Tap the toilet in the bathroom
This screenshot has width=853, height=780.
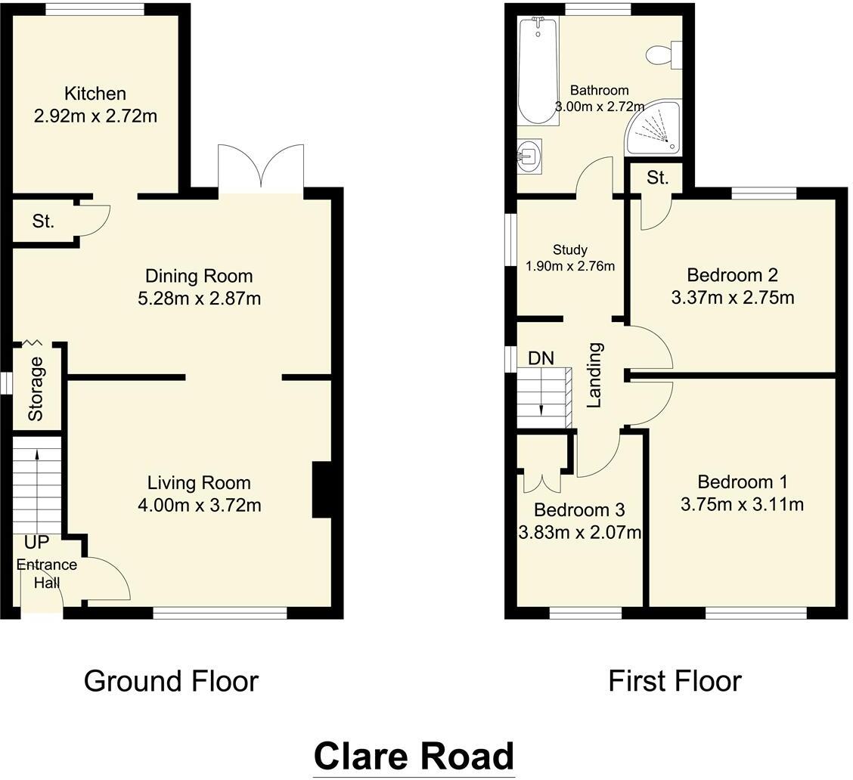[x=662, y=55]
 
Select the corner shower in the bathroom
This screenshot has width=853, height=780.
[x=653, y=128]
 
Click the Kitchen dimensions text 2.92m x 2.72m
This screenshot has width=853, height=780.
[x=95, y=116]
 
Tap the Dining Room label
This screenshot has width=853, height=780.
[x=199, y=276]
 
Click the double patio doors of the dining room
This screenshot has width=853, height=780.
[x=262, y=168]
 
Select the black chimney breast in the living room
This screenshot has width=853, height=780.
[x=321, y=490]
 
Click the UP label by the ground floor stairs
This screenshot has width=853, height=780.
[x=36, y=543]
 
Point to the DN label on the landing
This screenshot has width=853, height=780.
[x=541, y=358]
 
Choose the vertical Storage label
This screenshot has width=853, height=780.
[x=36, y=388]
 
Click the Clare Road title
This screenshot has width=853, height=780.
[x=414, y=756]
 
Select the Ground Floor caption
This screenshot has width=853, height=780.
[x=171, y=681]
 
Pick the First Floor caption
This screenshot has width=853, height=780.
[x=675, y=681]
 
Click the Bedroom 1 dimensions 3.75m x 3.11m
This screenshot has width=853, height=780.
[x=742, y=504]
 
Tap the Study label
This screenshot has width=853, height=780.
[x=569, y=249]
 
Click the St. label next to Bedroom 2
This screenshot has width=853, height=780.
[x=658, y=178]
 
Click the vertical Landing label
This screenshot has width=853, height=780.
[x=595, y=375]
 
